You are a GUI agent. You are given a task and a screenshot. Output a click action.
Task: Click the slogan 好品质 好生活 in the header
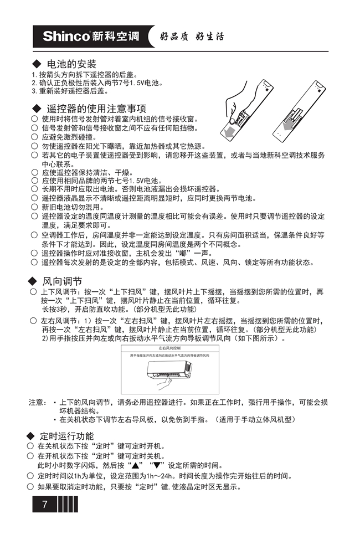[192, 37]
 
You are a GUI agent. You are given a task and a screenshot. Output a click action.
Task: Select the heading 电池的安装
[72, 64]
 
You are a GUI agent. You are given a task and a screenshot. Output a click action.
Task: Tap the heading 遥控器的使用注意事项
[96, 108]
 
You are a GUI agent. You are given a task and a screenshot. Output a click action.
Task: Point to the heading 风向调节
[62, 281]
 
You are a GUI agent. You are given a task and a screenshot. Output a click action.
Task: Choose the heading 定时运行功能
[66, 436]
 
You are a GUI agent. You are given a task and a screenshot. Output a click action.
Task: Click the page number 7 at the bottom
[45, 505]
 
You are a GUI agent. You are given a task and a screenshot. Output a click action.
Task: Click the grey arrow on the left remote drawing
[228, 131]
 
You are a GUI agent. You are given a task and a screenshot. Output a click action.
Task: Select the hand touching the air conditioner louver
[161, 380]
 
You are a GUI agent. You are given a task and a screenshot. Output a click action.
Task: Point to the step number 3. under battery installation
[34, 91]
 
